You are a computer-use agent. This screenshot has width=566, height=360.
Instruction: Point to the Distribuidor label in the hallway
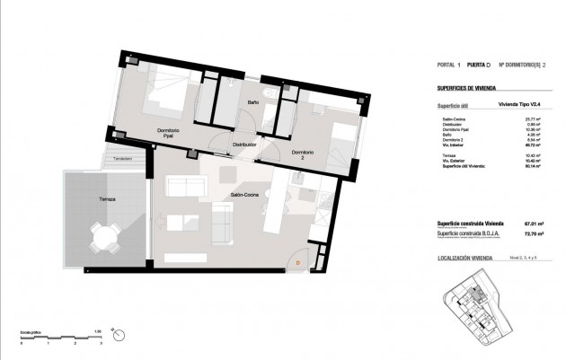[245, 145]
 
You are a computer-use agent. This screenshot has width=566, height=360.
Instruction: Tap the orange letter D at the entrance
[297, 262]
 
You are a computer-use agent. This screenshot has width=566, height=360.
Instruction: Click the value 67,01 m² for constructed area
[535, 224]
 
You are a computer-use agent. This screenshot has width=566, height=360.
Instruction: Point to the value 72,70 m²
[535, 234]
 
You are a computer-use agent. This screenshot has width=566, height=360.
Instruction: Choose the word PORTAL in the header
[446, 65]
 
